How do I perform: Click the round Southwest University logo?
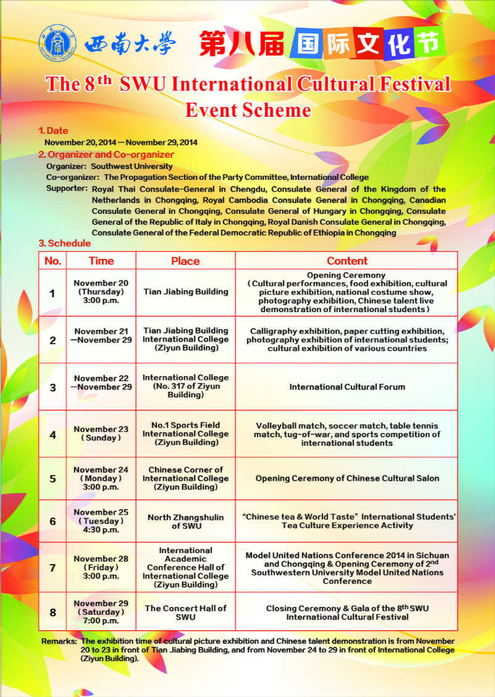point(57,43)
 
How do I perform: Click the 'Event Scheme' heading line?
point(248,109)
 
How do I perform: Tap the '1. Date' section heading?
point(53,131)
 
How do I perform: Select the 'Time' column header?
point(101,261)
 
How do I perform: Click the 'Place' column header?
point(185,261)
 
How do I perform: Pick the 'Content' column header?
point(347,261)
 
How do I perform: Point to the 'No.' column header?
point(53,261)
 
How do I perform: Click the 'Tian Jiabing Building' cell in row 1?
point(185,292)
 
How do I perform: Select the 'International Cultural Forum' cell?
point(347,387)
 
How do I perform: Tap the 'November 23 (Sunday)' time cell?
point(101,434)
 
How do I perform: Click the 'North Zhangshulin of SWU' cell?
point(185,521)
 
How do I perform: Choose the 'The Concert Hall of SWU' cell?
point(185,612)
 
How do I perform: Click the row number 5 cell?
point(53,478)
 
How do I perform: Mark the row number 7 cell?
point(53,567)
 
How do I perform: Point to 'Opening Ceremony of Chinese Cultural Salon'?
point(347,478)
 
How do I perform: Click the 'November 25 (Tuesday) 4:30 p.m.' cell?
point(101,521)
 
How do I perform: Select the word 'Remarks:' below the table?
point(59,641)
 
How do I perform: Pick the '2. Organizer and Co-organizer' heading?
point(106,154)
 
